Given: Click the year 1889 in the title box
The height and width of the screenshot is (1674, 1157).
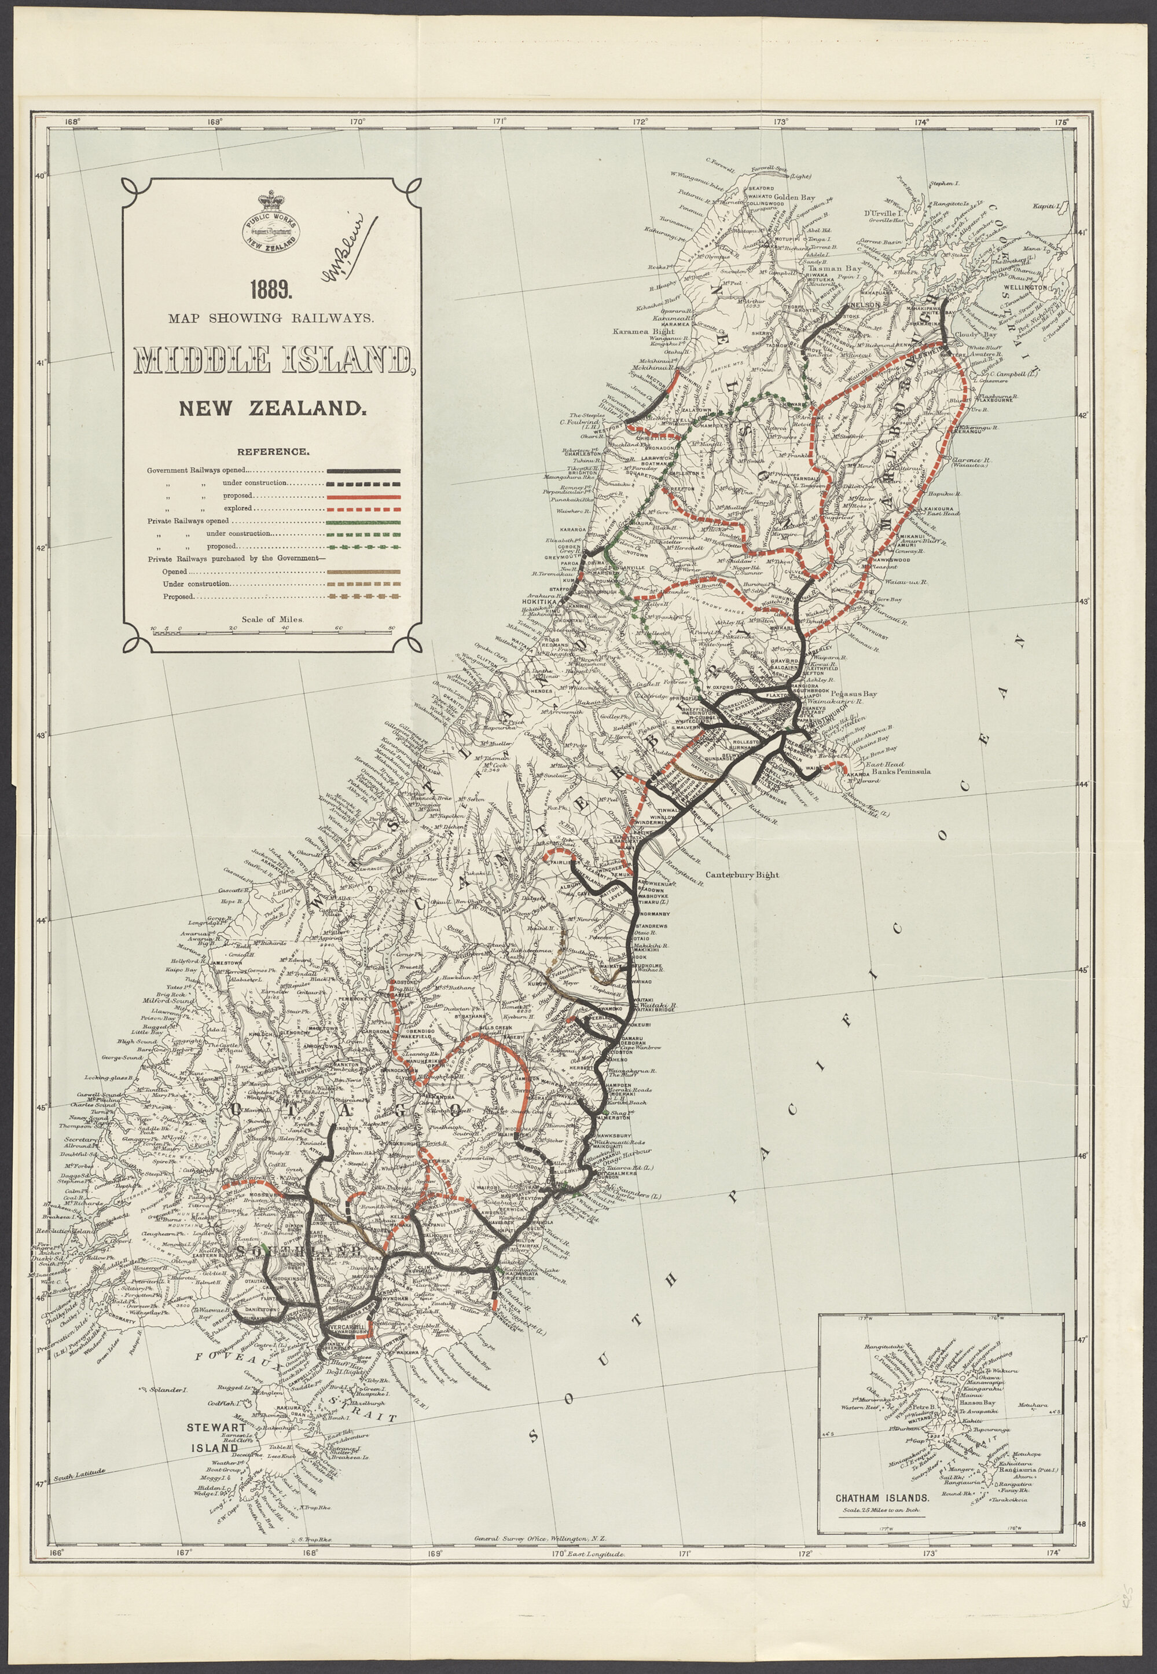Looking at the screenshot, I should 271,290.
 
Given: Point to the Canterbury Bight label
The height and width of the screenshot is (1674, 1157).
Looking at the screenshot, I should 743,875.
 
